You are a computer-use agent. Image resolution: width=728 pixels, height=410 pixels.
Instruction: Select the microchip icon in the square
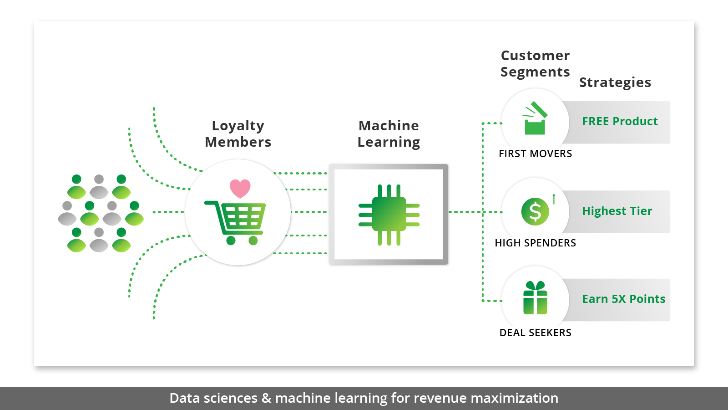click(x=389, y=214)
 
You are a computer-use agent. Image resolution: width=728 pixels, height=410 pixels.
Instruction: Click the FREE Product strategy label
click(x=620, y=122)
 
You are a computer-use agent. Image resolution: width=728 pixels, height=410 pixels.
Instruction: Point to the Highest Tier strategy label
click(x=617, y=211)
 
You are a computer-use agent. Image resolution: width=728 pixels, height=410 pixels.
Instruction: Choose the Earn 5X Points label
click(x=623, y=299)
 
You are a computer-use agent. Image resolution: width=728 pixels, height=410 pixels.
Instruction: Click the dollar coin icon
click(x=535, y=211)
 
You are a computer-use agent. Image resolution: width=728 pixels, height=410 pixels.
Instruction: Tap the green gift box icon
click(x=535, y=298)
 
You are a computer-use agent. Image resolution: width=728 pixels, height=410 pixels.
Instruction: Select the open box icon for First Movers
click(x=535, y=119)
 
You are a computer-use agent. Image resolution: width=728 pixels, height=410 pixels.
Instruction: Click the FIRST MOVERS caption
click(x=535, y=154)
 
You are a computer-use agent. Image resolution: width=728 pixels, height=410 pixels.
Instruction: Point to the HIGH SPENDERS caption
click(x=535, y=243)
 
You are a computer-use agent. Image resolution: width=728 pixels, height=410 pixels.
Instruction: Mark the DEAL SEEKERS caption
click(x=535, y=333)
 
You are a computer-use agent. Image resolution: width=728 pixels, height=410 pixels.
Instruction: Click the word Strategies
click(x=615, y=83)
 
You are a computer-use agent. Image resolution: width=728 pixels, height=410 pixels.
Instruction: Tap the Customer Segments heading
click(x=535, y=64)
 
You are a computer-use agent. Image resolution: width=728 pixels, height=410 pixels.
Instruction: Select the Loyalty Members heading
click(x=238, y=134)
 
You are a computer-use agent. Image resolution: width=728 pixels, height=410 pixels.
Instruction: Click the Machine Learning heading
click(x=389, y=134)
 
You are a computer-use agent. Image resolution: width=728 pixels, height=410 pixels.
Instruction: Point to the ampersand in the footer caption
click(x=266, y=399)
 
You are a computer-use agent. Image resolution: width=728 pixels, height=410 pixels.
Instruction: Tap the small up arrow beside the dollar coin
click(x=554, y=199)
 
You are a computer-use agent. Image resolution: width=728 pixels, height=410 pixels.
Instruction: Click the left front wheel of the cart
click(x=231, y=241)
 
